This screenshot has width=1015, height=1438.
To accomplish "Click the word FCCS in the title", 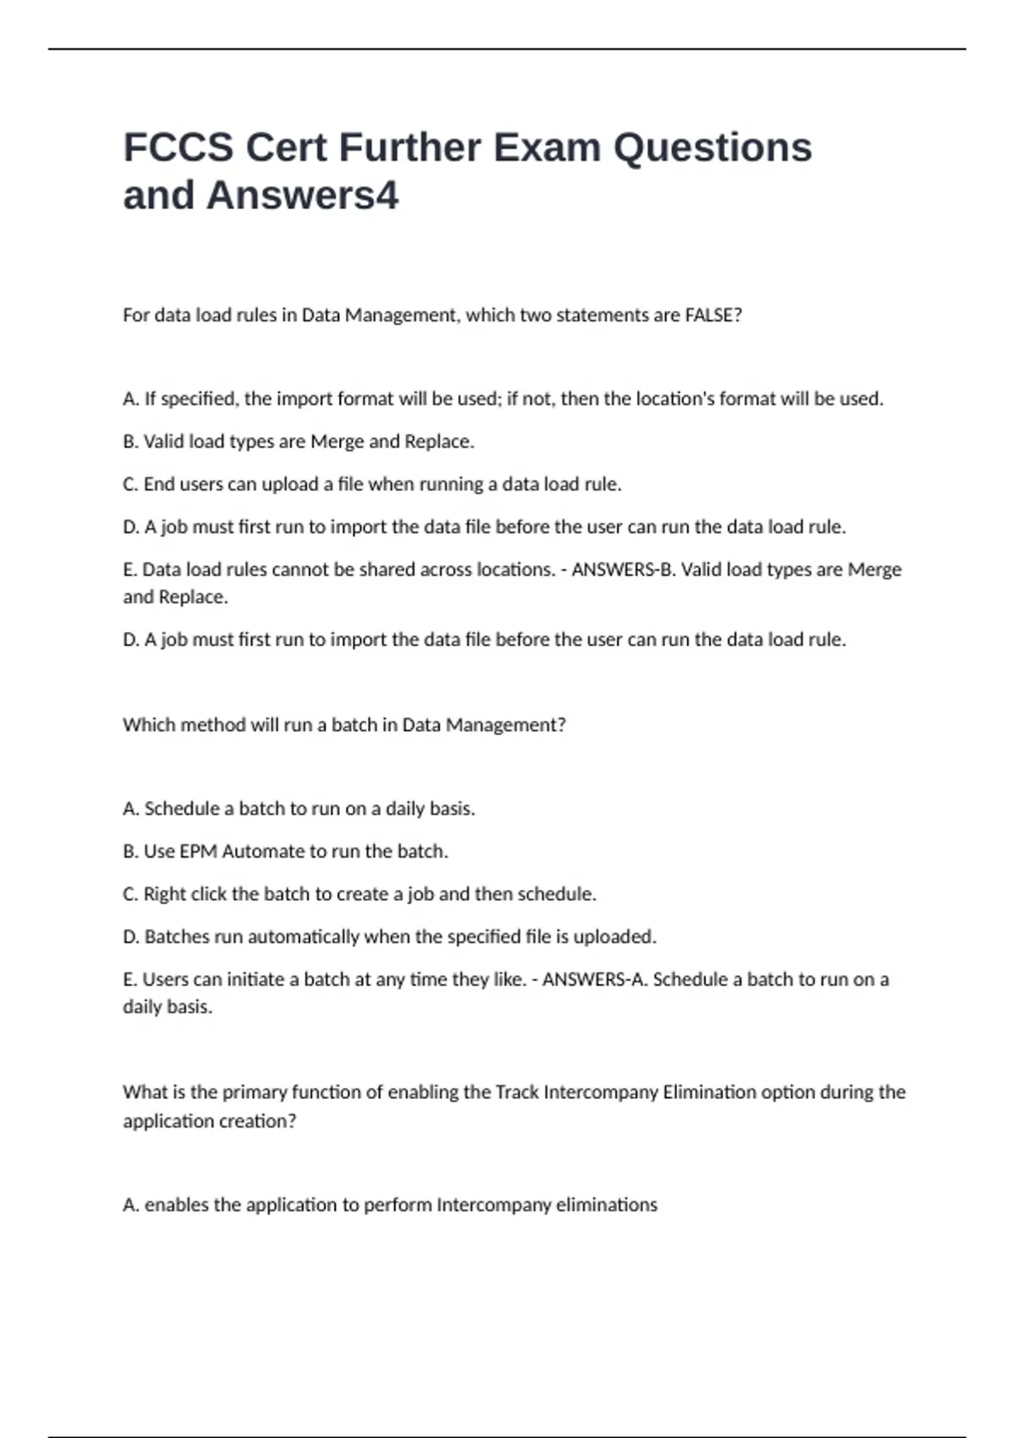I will pos(178,147).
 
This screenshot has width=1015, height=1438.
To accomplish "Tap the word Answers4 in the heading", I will pos(302,195).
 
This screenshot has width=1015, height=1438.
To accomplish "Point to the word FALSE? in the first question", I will pos(713,315).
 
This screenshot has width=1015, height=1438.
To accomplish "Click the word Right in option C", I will pos(165,894).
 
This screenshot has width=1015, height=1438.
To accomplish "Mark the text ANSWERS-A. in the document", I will pos(595,980).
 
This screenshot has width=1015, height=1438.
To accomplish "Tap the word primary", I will pos(254,1092).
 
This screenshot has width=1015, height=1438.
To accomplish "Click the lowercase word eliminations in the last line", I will pos(606,1205).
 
